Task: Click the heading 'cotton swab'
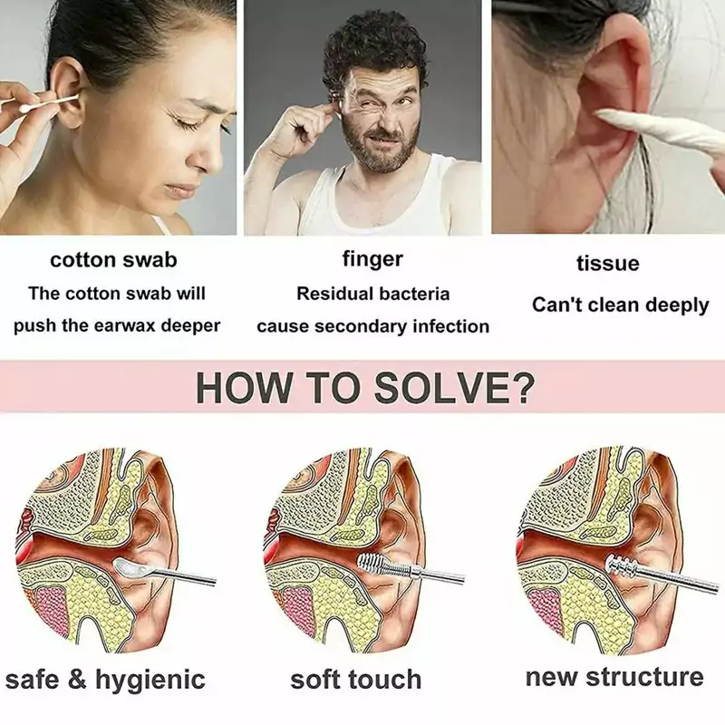click(x=113, y=260)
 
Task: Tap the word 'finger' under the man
click(x=372, y=259)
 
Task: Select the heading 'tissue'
click(x=608, y=263)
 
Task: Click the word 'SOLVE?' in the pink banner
click(x=453, y=388)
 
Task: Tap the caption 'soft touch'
click(x=356, y=680)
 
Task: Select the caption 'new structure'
click(x=614, y=677)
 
